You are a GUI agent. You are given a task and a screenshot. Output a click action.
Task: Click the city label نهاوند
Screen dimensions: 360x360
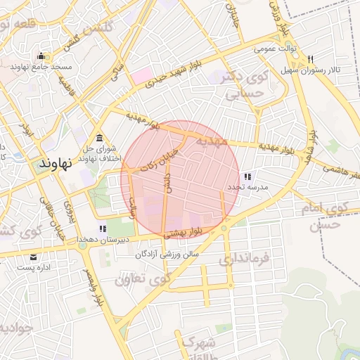(x=57, y=163)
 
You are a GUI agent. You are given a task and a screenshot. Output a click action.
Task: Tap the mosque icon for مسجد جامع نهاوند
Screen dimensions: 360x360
(x=41, y=56)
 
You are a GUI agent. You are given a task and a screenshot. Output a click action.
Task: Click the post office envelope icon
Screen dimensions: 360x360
(x=34, y=257)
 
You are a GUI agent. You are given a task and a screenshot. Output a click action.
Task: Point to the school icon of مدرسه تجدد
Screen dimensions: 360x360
(x=247, y=176)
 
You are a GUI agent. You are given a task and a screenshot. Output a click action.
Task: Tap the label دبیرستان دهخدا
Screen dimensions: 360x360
(x=103, y=240)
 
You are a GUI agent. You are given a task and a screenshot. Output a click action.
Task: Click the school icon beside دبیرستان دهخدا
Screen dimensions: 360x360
(x=103, y=229)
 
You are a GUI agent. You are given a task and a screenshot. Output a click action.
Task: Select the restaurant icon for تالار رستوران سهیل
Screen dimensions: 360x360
(x=310, y=59)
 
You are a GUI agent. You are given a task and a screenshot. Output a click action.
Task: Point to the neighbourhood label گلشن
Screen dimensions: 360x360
(x=98, y=30)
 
